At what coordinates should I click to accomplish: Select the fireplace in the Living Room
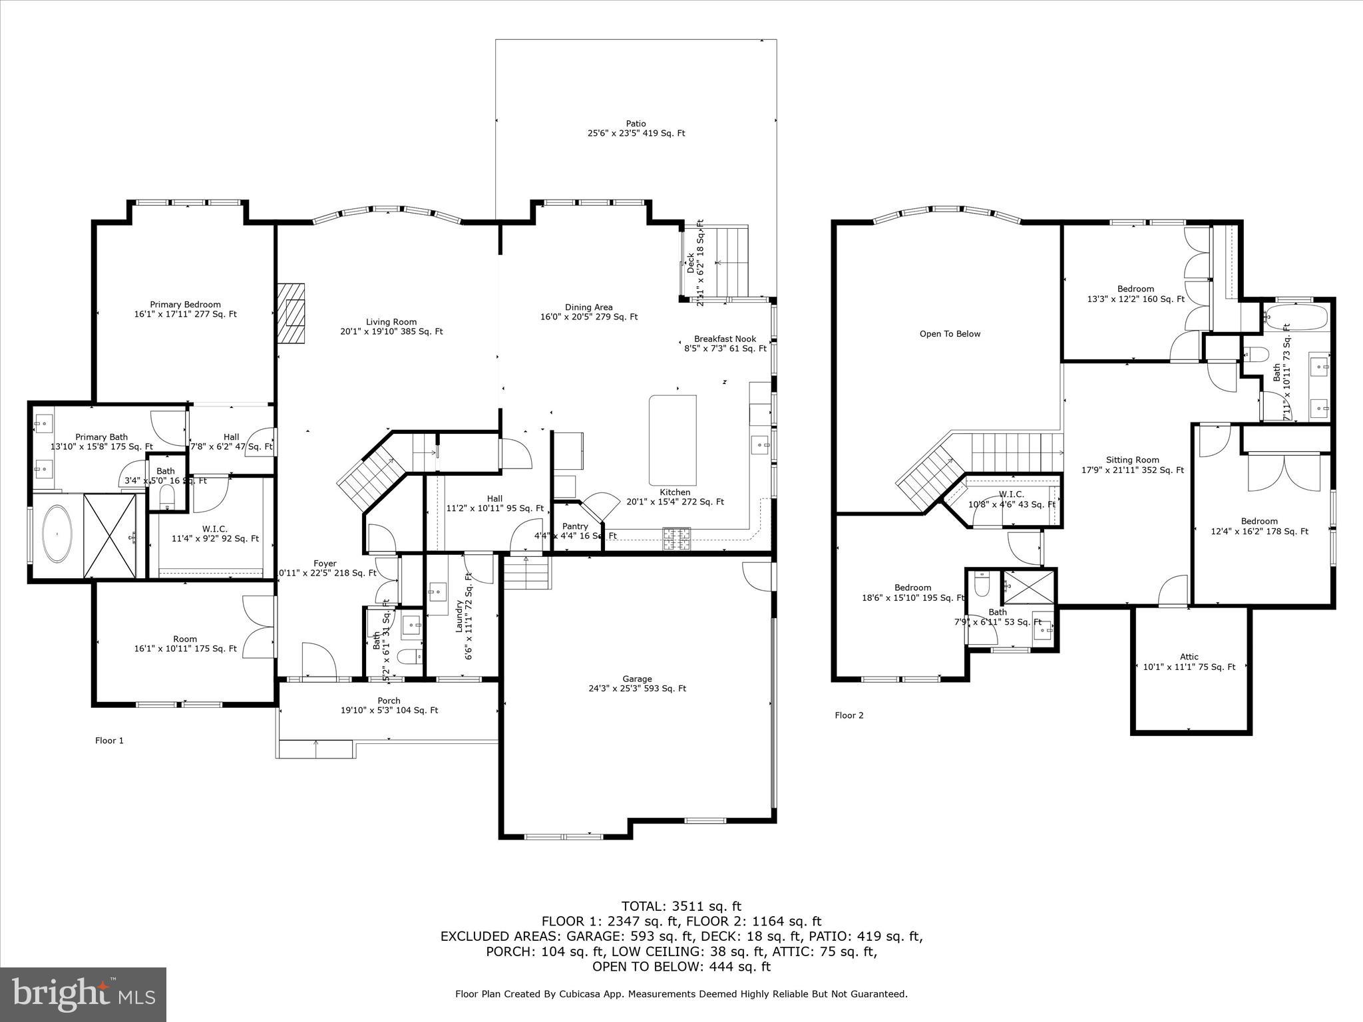tap(292, 313)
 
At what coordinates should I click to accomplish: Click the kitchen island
tap(673, 440)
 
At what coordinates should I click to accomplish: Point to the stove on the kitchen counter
tap(677, 538)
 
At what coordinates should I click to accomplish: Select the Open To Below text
tap(950, 334)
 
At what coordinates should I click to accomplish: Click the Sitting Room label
tap(1132, 460)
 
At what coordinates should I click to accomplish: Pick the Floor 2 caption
tap(849, 715)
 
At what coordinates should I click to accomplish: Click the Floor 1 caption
tap(109, 741)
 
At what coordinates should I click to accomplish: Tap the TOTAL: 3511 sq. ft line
tap(681, 906)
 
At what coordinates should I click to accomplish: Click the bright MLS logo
tap(83, 995)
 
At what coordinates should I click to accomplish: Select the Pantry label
tap(575, 526)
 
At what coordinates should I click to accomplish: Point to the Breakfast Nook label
tap(725, 339)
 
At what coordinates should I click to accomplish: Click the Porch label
tap(389, 701)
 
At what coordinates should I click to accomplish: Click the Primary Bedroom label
tap(185, 305)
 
